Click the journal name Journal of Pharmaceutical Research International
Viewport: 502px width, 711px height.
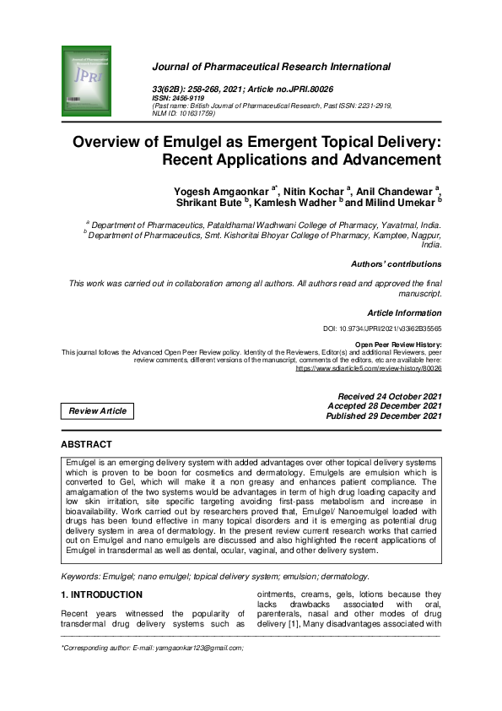271,67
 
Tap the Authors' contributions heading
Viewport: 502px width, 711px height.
396,264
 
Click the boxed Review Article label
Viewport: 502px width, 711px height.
98,411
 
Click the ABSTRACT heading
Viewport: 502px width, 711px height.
86,444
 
